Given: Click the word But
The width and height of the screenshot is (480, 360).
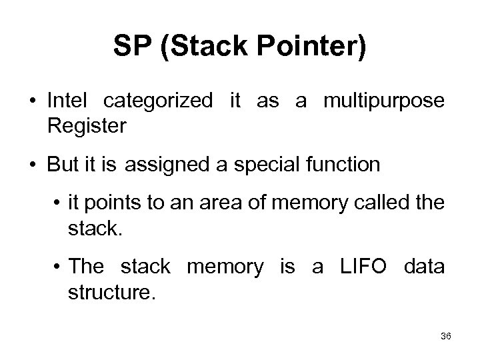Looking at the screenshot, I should tap(61, 165).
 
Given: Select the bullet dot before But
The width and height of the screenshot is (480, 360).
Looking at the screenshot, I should tap(31, 165).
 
